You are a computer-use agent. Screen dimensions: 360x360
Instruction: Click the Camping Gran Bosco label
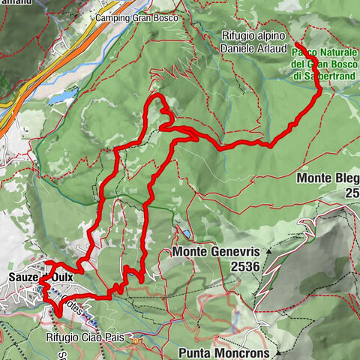pyautogui.click(x=134, y=17)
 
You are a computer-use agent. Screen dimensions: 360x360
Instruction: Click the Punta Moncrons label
pyautogui.click(x=224, y=351)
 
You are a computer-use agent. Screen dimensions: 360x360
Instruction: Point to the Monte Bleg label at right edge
pyautogui.click(x=327, y=178)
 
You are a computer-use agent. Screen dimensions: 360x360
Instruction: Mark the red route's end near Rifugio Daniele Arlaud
pyautogui.click(x=290, y=43)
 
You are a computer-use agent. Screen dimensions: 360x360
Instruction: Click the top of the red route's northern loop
pyautogui.click(x=156, y=97)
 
